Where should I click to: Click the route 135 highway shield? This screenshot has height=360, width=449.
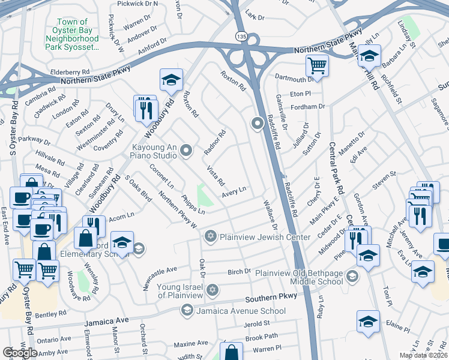240,37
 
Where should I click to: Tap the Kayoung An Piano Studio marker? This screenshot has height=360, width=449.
186,150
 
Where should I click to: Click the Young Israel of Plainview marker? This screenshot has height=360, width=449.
211,290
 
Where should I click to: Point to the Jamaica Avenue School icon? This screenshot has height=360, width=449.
186,310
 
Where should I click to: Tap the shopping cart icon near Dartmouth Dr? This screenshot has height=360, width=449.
316,65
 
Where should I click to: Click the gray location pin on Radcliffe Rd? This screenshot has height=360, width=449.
258,124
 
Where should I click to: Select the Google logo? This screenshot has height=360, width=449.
20,353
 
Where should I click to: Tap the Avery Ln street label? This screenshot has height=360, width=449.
234,192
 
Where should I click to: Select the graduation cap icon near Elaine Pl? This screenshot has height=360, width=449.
368,322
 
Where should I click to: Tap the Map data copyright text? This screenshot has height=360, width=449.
423,355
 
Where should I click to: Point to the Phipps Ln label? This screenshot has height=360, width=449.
193,204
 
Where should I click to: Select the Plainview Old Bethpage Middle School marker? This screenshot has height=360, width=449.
352,277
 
